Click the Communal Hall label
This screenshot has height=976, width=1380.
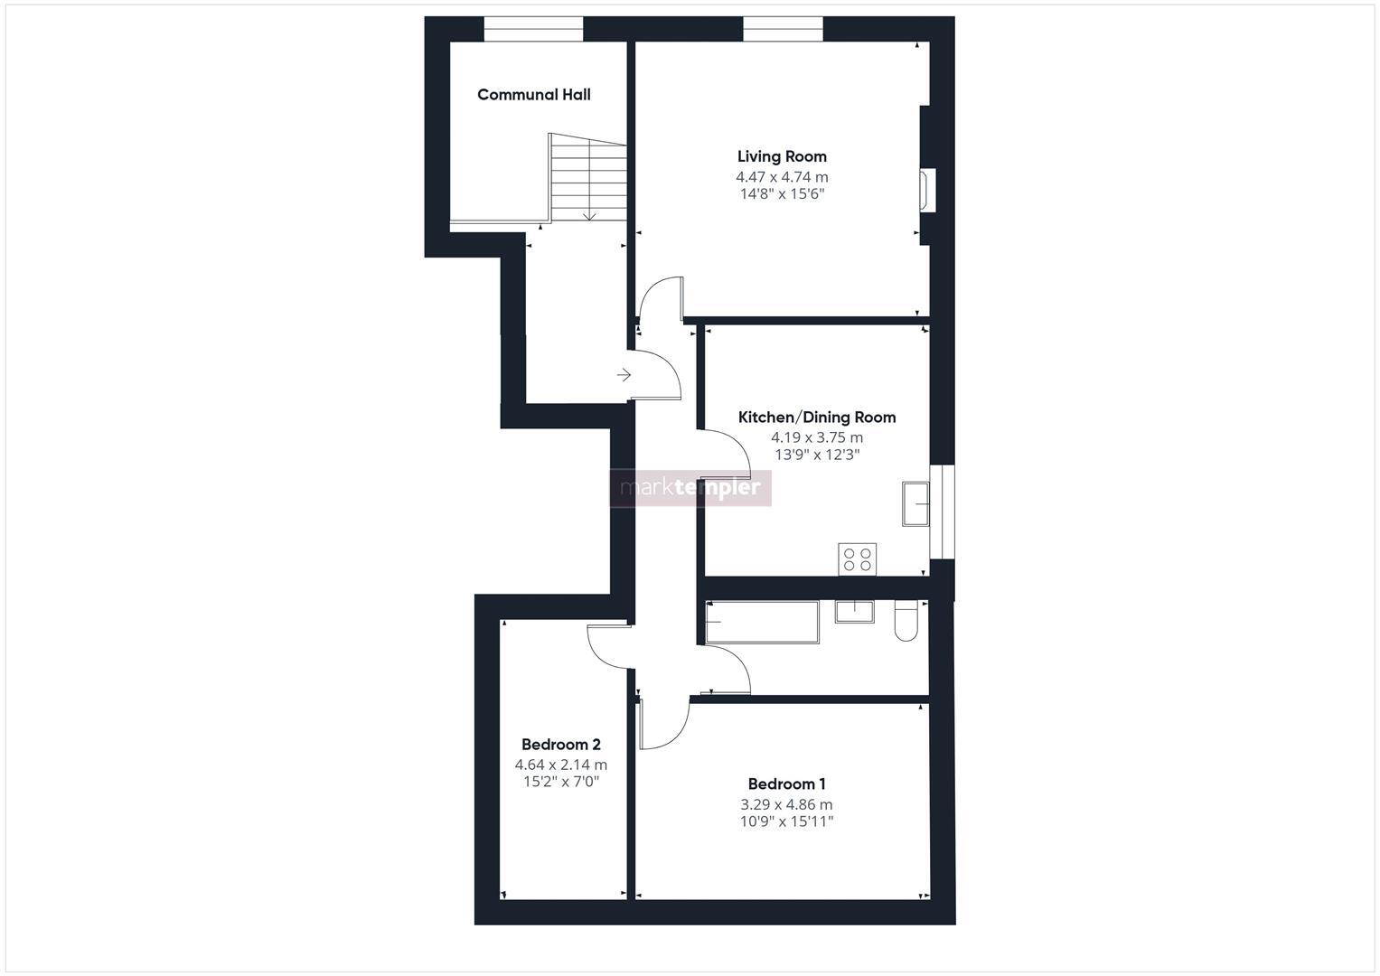(533, 95)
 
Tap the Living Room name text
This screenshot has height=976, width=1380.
(782, 156)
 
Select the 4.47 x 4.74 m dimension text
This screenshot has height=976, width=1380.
(782, 177)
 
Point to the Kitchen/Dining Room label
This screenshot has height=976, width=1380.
(817, 418)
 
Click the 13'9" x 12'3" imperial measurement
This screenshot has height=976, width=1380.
(817, 455)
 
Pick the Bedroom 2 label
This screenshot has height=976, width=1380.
(560, 745)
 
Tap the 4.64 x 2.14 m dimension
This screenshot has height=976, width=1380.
(560, 765)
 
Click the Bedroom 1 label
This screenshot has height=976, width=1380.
(786, 784)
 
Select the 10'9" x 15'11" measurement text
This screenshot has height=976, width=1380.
(786, 821)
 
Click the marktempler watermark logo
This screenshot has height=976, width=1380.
(690, 488)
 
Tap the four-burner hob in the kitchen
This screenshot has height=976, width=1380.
(857, 558)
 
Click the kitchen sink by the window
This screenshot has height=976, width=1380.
(915, 503)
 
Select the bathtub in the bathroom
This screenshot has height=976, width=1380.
(762, 622)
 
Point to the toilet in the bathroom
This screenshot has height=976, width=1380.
(906, 622)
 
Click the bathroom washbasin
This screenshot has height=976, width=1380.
(853, 612)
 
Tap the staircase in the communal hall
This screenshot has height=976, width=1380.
(587, 177)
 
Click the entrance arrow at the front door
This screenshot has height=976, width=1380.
(624, 375)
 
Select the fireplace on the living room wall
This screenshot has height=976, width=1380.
(927, 191)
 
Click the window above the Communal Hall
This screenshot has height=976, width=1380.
(533, 30)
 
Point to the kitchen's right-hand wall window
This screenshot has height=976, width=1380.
(942, 511)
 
